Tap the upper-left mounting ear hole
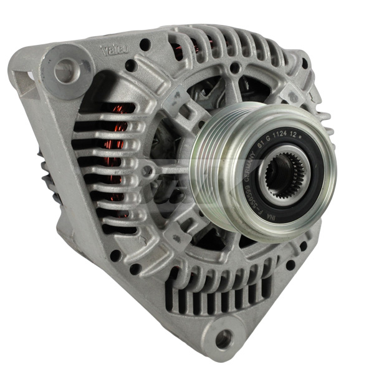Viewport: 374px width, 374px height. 64,71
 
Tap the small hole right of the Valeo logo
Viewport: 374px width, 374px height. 145,44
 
